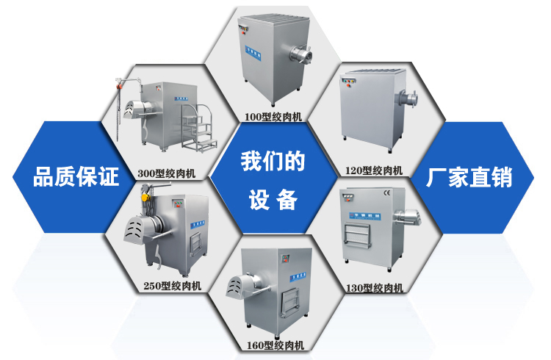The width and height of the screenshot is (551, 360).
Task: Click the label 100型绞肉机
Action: [x=273, y=116]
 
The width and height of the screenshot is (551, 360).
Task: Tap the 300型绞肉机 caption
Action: [x=166, y=173]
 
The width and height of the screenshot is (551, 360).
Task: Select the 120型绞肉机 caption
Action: [x=373, y=170]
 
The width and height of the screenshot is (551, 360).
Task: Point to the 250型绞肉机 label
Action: [x=172, y=286]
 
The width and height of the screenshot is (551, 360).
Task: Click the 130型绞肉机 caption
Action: [x=375, y=288]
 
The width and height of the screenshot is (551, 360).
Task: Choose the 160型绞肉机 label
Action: [x=275, y=345]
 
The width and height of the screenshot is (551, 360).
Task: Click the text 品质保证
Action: [x=76, y=176]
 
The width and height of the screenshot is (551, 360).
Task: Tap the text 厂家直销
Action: [x=469, y=177]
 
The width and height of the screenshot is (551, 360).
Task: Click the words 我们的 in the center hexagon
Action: [x=273, y=162]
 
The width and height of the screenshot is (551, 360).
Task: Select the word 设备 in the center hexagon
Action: [x=273, y=200]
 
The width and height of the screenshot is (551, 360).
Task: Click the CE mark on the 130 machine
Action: [x=387, y=192]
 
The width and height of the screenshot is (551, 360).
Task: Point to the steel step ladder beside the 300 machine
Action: [x=199, y=128]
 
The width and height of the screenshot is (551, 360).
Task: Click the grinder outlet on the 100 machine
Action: [x=300, y=55]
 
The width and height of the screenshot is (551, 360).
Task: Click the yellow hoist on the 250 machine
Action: [x=145, y=198]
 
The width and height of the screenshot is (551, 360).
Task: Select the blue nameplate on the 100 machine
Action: [x=253, y=53]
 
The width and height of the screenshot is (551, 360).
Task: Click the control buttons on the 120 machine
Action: [x=349, y=82]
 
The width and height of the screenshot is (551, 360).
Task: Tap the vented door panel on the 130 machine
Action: [x=357, y=235]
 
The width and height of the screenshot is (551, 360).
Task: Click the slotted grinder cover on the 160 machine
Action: [x=241, y=285]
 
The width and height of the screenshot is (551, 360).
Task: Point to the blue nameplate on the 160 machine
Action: [x=298, y=277]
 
